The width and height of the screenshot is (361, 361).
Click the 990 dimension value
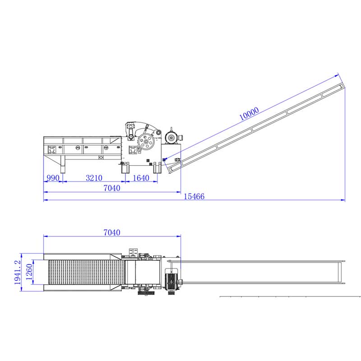(53, 178)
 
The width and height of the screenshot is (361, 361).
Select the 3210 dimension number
(94, 178)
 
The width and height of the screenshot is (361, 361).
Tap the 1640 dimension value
(141, 178)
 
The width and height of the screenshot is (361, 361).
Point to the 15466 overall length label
(194, 196)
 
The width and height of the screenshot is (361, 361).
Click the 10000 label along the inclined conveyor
(249, 114)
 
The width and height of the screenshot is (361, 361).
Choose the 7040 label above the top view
(111, 232)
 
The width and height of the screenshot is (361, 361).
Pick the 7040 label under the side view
(111, 188)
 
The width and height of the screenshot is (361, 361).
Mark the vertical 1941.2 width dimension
(18, 273)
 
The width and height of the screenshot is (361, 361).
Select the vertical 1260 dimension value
(29, 272)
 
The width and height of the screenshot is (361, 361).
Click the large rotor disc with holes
(146, 141)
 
